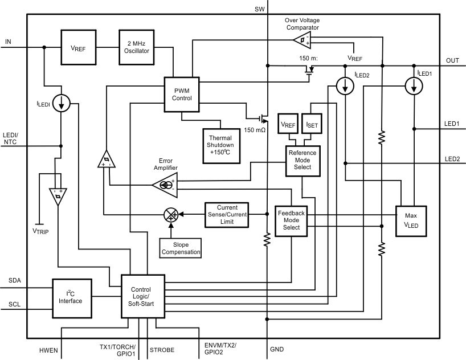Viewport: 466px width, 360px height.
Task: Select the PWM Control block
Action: pos(182,94)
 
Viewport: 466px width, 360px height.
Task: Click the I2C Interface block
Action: pos(74,297)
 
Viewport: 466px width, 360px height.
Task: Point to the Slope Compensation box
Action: pos(181,248)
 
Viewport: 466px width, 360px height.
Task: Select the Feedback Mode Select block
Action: pos(292,220)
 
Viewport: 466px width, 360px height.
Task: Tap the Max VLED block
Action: pos(411,220)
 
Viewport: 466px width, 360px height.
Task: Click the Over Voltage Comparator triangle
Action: pos(301,39)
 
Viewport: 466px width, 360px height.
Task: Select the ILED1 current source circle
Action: pos(414,85)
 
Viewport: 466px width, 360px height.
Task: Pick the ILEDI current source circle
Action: pos(62,103)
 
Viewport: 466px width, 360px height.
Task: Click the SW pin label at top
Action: pos(260,9)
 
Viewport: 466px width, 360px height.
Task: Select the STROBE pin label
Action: pos(162,350)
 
